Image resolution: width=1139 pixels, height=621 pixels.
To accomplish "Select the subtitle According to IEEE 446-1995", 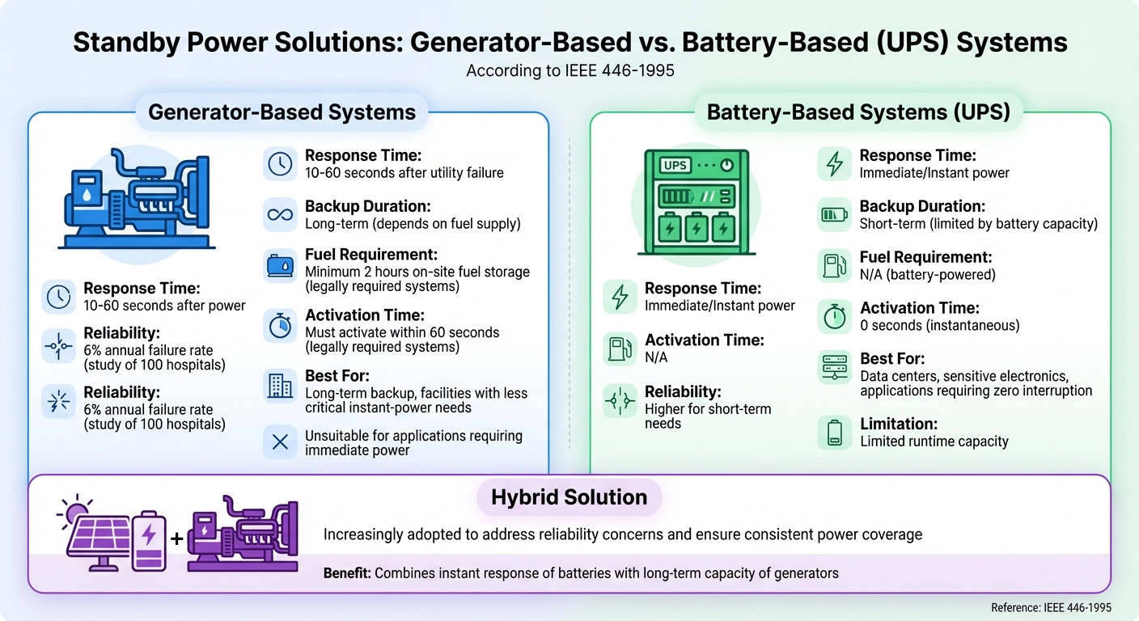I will [x=569, y=71].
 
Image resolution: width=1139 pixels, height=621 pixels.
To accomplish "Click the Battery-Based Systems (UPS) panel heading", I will [x=858, y=112].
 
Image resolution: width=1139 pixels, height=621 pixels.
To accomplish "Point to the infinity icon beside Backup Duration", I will [x=280, y=215].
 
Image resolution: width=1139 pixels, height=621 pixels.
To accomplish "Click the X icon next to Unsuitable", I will [x=280, y=442].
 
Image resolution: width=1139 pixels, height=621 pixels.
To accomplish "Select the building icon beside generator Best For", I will [x=280, y=386].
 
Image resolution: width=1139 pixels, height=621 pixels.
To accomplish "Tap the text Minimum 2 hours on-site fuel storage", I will [x=417, y=272].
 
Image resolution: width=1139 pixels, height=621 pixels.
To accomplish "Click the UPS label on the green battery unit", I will [x=675, y=165].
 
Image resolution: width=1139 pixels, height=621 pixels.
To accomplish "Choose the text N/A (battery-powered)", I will [x=927, y=275].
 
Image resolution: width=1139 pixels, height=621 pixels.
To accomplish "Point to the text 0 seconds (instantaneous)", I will [x=939, y=326].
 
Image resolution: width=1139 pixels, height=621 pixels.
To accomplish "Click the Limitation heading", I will [x=898, y=424].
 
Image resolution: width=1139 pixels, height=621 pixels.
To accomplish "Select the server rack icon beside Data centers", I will [x=834, y=368].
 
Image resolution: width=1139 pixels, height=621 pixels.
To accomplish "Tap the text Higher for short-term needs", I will [x=708, y=416].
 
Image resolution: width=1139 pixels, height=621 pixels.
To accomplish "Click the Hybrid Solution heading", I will [x=569, y=496].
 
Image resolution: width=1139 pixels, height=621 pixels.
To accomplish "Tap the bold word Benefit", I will [x=345, y=573].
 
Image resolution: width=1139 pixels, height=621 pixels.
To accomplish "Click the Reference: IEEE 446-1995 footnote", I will [x=1051, y=607].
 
